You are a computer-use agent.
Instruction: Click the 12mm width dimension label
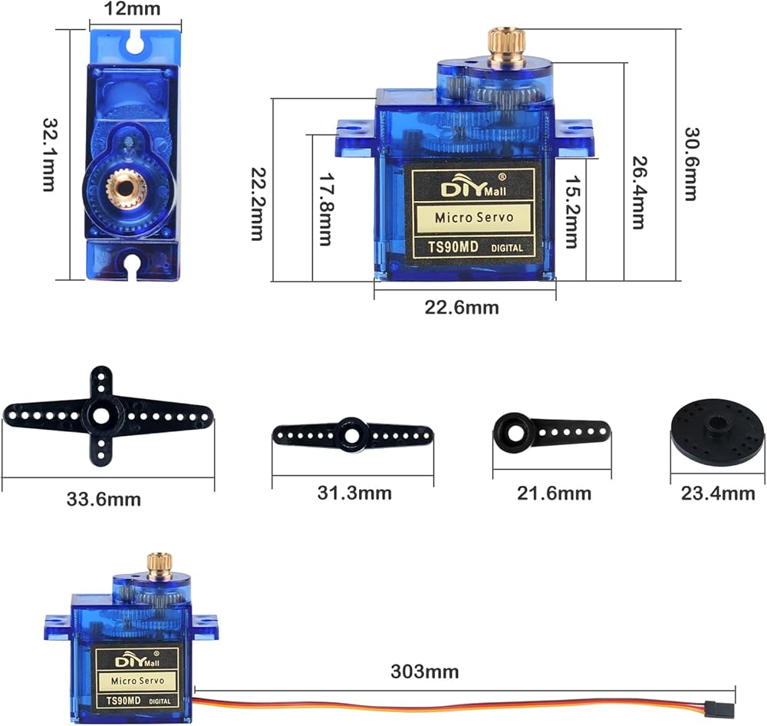pyautogui.click(x=132, y=8)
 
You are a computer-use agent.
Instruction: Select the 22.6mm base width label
pyautogui.click(x=461, y=308)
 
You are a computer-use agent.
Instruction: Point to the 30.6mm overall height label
pyautogui.click(x=691, y=164)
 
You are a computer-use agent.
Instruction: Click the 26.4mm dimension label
pyautogui.click(x=639, y=193)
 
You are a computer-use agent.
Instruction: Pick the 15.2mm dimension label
pyautogui.click(x=572, y=212)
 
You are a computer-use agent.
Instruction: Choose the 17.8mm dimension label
pyautogui.click(x=326, y=209)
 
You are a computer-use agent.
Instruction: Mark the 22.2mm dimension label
pyautogui.click(x=258, y=204)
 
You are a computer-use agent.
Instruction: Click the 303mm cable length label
pyautogui.click(x=425, y=672)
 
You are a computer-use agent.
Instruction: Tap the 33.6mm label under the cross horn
pyautogui.click(x=104, y=500)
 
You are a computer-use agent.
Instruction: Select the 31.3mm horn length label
pyautogui.click(x=354, y=493)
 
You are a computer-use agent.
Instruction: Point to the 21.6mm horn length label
pyautogui.click(x=555, y=493)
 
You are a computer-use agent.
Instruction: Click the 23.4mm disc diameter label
pyautogui.click(x=718, y=493)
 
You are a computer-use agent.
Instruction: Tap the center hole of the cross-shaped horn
pyautogui.click(x=101, y=416)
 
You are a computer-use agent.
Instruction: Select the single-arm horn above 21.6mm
pyautogui.click(x=551, y=432)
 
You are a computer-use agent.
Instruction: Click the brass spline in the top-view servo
pyautogui.click(x=127, y=186)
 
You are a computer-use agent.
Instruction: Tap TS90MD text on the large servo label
pyautogui.click(x=453, y=246)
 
